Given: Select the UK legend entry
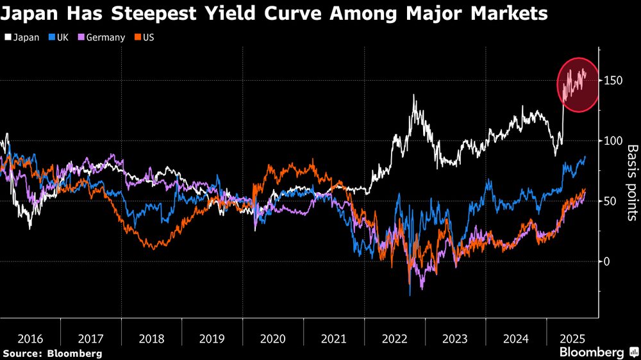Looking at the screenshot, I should [x=59, y=37].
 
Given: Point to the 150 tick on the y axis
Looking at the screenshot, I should [x=613, y=81].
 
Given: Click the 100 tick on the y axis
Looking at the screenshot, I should [x=613, y=141].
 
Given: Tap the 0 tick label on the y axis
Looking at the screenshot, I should [x=608, y=261].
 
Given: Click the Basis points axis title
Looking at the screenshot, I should [x=632, y=183].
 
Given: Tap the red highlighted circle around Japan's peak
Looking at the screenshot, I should [x=577, y=85].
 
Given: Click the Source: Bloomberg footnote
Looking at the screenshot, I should [x=52, y=353].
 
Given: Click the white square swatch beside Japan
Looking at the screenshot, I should [x=7, y=37].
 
